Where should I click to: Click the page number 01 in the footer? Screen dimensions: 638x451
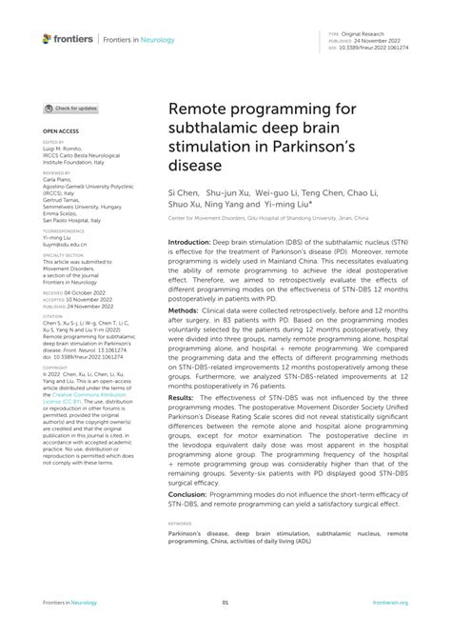[225, 603]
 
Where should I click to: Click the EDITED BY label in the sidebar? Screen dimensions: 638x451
[54, 142]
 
